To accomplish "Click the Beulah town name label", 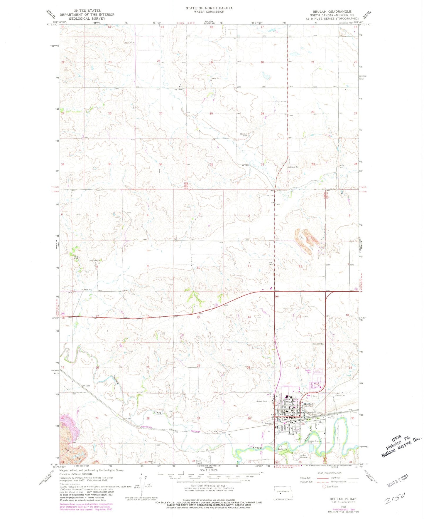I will tap(308, 404).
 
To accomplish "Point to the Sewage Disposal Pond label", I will tap(314, 441).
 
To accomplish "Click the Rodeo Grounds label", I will tap(303, 456).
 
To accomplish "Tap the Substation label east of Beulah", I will tap(340, 395).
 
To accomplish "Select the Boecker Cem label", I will tap(244, 135).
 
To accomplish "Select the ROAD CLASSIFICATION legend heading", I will tap(329, 473).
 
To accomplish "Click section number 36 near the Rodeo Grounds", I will tap(300, 462).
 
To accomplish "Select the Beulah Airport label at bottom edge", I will tap(199, 462).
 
